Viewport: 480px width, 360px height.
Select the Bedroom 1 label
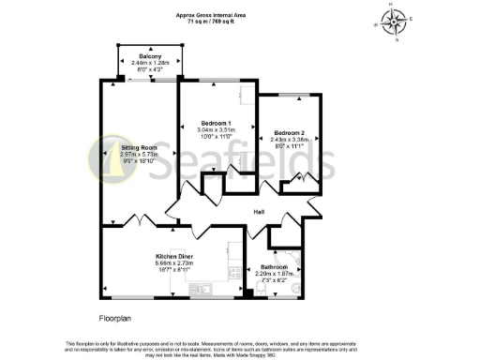(217, 123)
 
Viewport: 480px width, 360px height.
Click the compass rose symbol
(398, 20)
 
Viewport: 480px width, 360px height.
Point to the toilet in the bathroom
(296, 288)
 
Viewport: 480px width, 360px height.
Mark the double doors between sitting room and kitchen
(139, 220)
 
